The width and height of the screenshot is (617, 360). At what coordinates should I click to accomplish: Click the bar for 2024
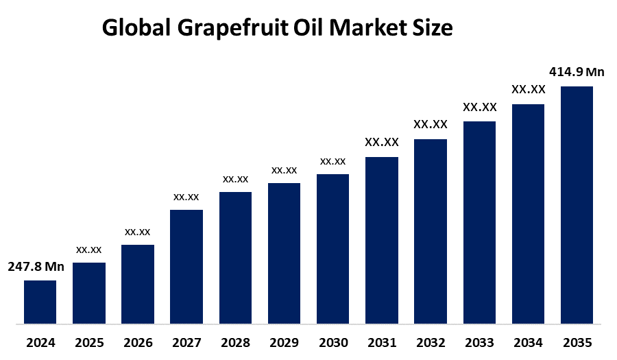[40, 302]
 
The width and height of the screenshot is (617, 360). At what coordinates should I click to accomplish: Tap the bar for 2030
[332, 248]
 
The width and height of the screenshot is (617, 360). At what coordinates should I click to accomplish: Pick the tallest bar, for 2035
[577, 204]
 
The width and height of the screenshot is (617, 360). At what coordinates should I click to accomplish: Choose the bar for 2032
[431, 231]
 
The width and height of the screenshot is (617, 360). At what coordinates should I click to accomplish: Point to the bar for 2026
[138, 284]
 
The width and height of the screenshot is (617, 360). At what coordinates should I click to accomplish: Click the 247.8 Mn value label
[36, 267]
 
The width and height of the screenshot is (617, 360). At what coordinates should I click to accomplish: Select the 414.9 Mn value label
[577, 72]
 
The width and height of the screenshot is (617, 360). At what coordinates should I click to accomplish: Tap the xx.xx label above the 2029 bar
[284, 170]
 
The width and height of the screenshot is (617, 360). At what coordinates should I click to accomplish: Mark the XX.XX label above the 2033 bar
[479, 108]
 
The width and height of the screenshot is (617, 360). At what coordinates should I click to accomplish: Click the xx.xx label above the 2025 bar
[88, 250]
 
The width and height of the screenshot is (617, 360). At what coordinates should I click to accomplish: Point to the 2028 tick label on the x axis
[235, 342]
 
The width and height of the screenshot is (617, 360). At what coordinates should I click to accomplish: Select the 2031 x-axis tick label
[381, 342]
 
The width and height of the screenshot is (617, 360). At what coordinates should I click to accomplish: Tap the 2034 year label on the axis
[528, 342]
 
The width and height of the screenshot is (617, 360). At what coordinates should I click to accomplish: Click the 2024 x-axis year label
[40, 342]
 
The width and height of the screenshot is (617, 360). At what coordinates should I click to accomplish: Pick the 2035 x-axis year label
[577, 342]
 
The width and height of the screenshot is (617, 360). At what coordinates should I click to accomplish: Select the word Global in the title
[134, 28]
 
